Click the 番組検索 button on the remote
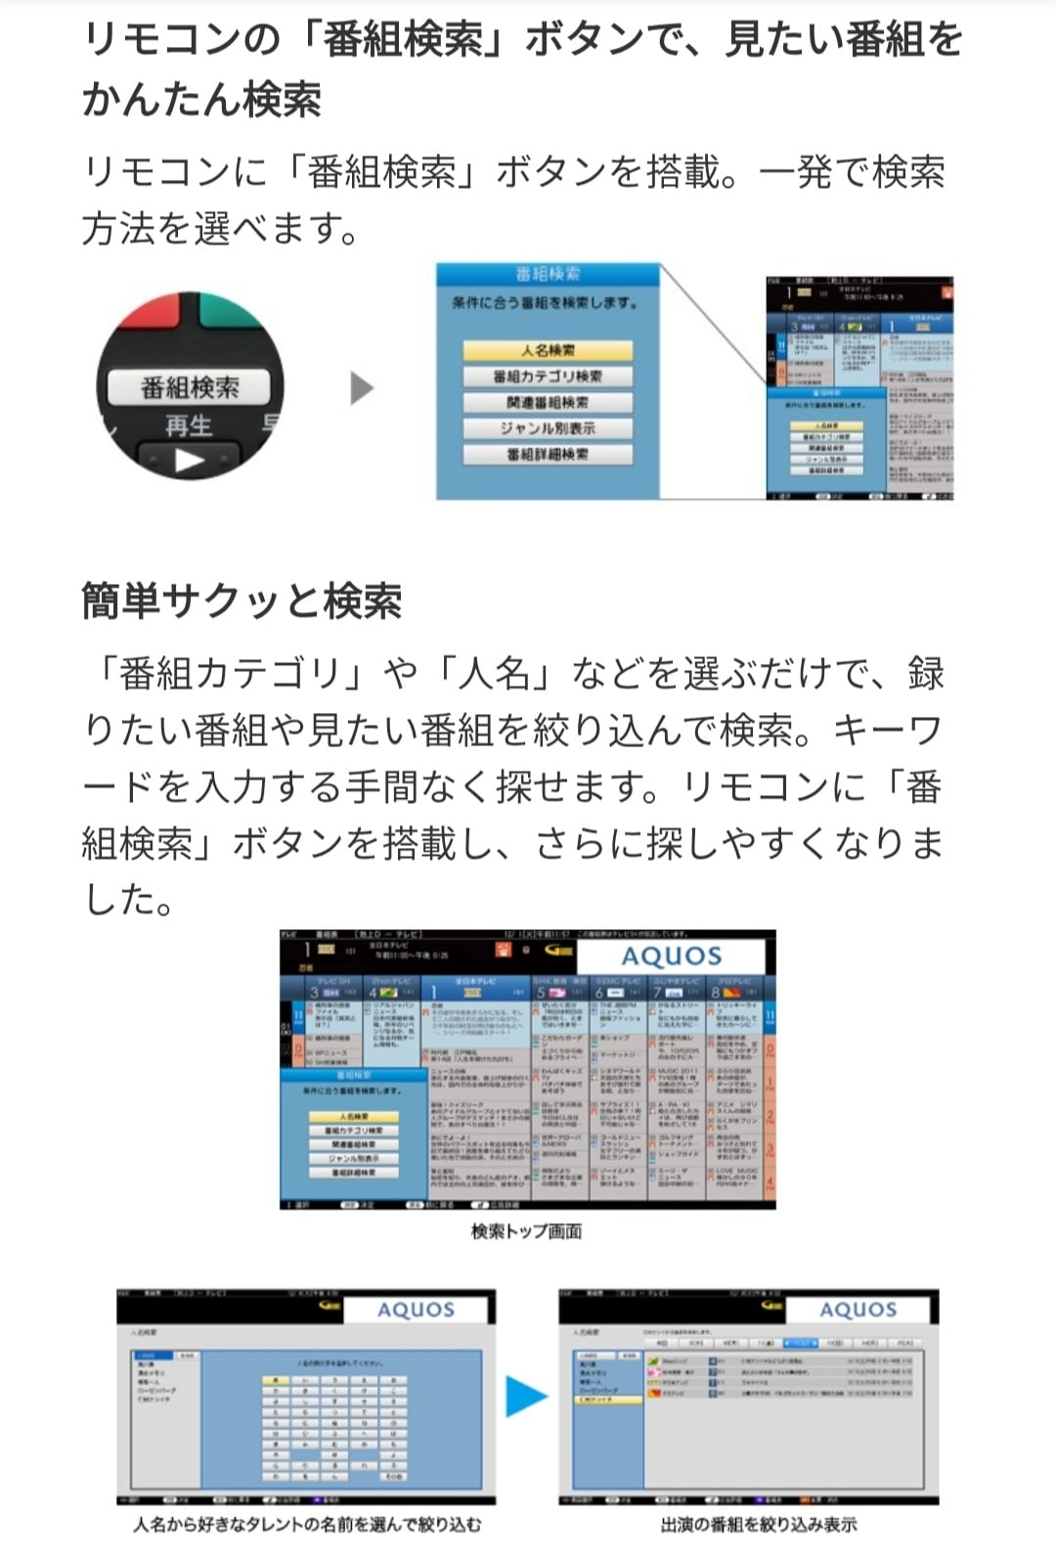pos(190,387)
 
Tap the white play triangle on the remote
pos(190,460)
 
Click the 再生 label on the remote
pos(189,425)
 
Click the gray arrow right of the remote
pos(362,388)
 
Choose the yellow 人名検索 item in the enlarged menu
pos(548,350)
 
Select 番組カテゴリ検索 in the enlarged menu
pos(548,377)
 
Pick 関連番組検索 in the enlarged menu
pos(548,402)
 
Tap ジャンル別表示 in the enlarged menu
pos(548,428)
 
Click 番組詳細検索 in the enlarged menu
pos(548,455)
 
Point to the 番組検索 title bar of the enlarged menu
pos(548,274)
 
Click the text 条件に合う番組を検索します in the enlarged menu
pos(545,303)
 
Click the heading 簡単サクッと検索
pos(242,601)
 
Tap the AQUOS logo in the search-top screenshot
pos(672,957)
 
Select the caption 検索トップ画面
pos(527,1231)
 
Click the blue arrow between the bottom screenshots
pos(526,1396)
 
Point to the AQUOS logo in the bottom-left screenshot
pos(416,1310)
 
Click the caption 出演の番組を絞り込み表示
pos(759,1524)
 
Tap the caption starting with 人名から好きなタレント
pos(307,1524)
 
